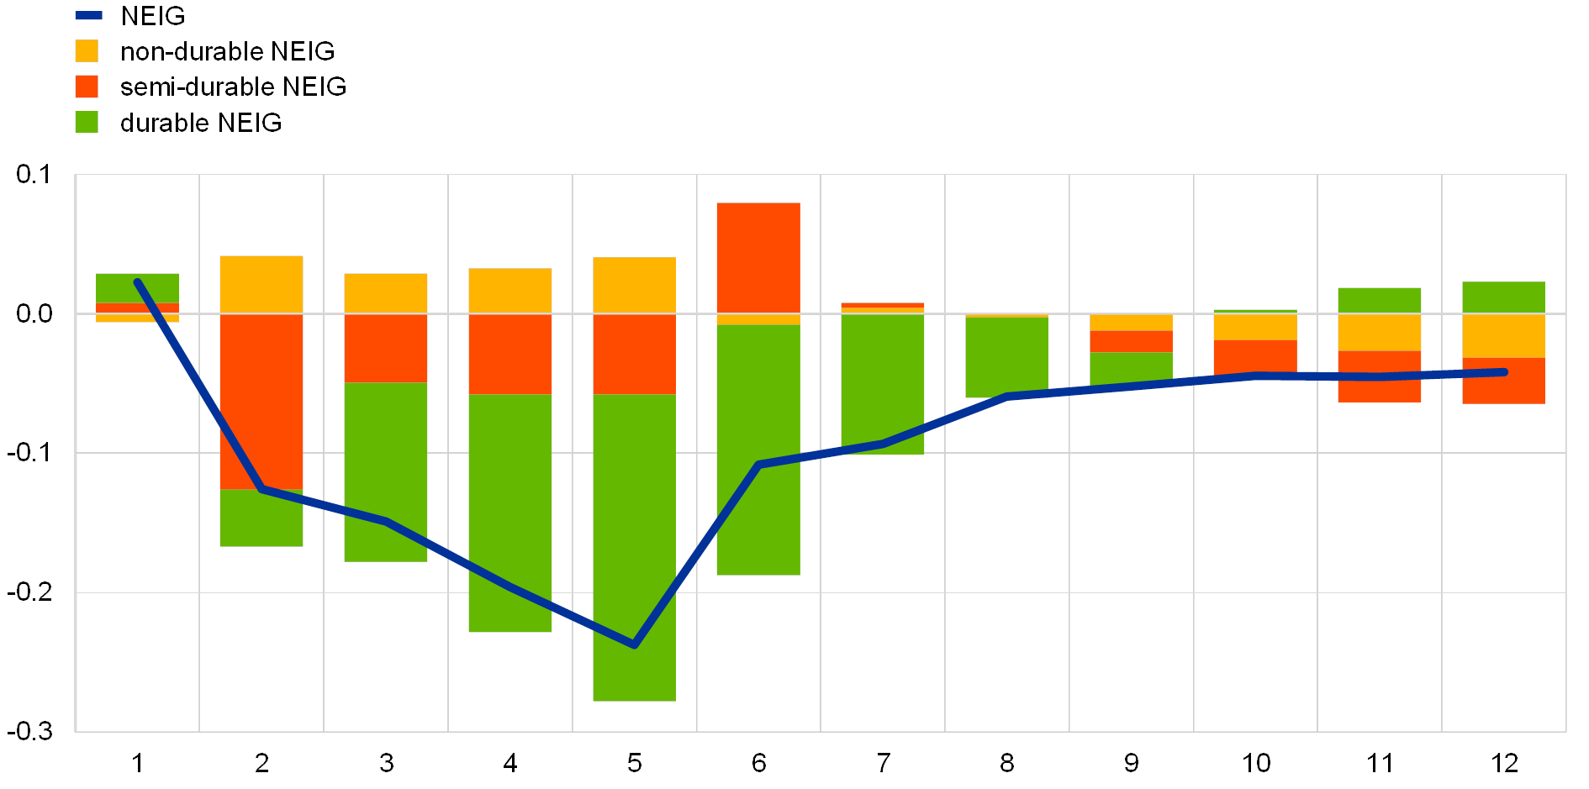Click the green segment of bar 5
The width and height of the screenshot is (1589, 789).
point(634,546)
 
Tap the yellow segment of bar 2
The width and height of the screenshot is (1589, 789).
point(261,284)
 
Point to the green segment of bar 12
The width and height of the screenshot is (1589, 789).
point(1503,297)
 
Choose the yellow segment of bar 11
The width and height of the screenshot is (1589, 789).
point(1379,332)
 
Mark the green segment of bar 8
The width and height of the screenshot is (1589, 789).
point(1006,356)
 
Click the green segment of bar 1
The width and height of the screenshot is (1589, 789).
point(137,287)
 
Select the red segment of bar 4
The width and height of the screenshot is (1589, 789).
point(509,354)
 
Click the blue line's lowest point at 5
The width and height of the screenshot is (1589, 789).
point(634,645)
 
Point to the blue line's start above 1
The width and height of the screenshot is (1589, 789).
point(137,281)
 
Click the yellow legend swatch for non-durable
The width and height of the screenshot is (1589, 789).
point(87,51)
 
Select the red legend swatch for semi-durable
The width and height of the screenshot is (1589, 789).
point(87,87)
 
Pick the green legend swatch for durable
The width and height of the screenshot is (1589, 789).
point(87,123)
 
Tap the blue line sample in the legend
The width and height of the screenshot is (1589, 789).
point(88,15)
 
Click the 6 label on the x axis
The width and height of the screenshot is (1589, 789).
point(758,763)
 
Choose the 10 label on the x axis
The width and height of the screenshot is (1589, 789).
point(1255,763)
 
